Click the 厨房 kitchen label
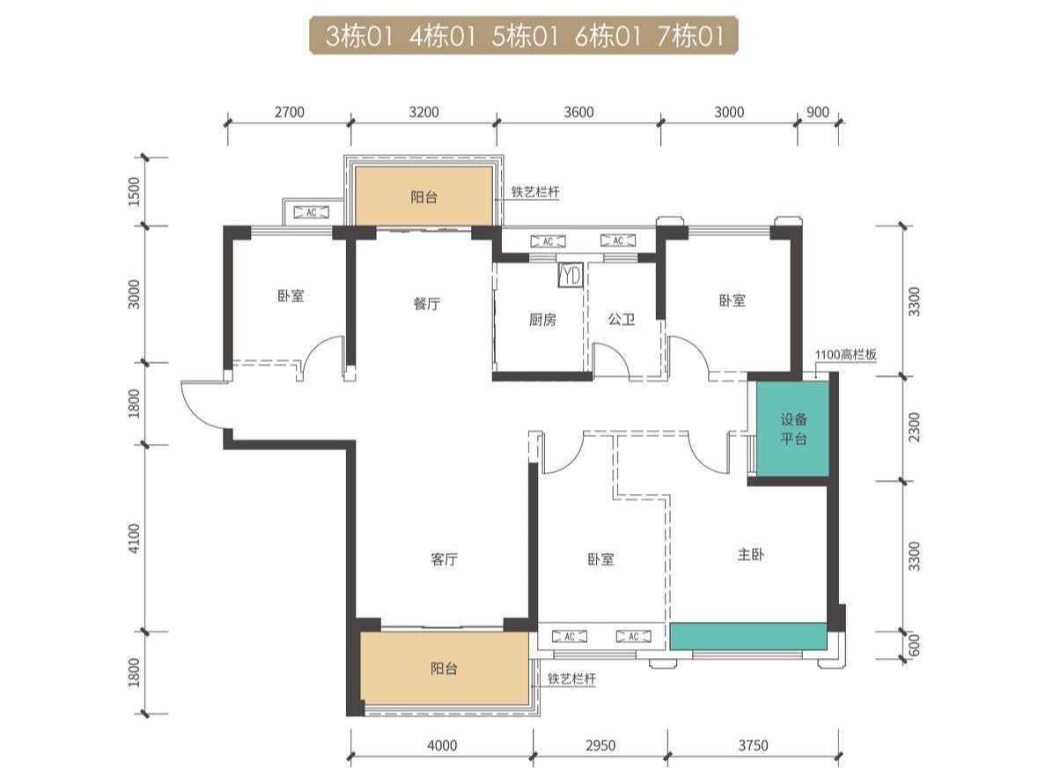pos(542,320)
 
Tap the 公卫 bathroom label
pos(621,320)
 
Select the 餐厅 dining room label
pos(427,304)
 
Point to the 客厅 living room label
pos(445,559)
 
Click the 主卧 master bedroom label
pos(750,554)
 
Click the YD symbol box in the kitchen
pos(571,276)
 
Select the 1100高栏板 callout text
pos(845,354)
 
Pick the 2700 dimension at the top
pos(289,112)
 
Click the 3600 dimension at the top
pos(578,112)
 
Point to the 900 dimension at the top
pos(818,112)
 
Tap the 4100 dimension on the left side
pos(135,538)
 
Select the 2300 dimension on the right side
pos(914,427)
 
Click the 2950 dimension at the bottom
pos(600,745)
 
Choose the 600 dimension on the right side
pos(914,645)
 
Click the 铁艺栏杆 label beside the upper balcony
pos(535,192)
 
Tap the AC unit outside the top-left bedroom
pos(312,212)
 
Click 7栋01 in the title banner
pos(691,35)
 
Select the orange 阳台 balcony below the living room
pos(445,667)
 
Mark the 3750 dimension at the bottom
pos(753,745)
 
